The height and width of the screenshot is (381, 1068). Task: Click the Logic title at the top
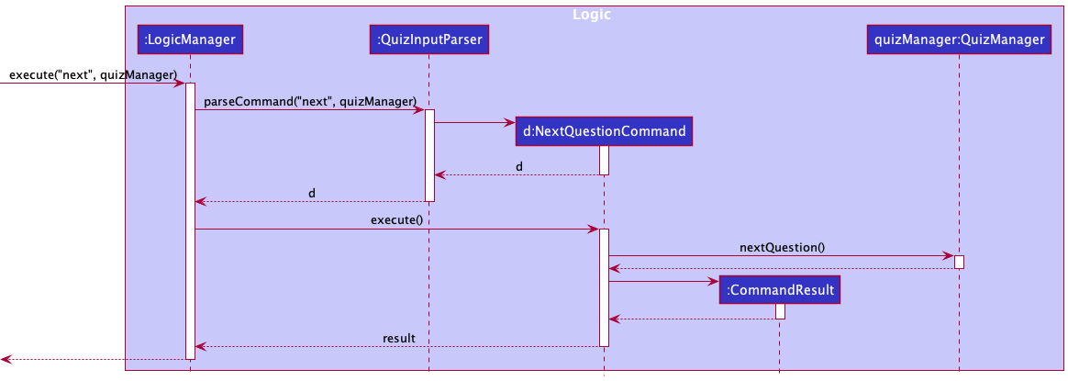point(591,15)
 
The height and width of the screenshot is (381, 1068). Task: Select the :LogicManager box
point(190,39)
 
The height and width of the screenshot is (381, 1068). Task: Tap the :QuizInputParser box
point(428,39)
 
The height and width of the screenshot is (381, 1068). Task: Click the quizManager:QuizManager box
point(959,39)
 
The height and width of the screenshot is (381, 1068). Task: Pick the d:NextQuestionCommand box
point(604,131)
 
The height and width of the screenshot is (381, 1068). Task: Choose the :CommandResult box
point(779,290)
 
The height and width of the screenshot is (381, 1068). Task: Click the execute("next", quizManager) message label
point(93,73)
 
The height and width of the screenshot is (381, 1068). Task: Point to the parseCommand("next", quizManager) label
point(309,100)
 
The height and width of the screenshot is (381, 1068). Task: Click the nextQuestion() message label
point(783,246)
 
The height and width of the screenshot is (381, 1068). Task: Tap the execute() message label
point(396,219)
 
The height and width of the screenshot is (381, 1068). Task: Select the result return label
point(399,338)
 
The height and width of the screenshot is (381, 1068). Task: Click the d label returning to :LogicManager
point(311,193)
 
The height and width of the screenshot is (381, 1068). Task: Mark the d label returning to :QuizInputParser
point(519,166)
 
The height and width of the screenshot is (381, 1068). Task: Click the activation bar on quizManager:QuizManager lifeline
point(959,262)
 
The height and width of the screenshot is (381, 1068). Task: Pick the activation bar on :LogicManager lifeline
point(190,220)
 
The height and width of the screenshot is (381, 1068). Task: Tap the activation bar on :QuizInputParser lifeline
point(428,155)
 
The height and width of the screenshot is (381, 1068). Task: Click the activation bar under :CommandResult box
point(780,311)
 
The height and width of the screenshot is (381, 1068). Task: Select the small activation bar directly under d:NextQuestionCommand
point(604,160)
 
